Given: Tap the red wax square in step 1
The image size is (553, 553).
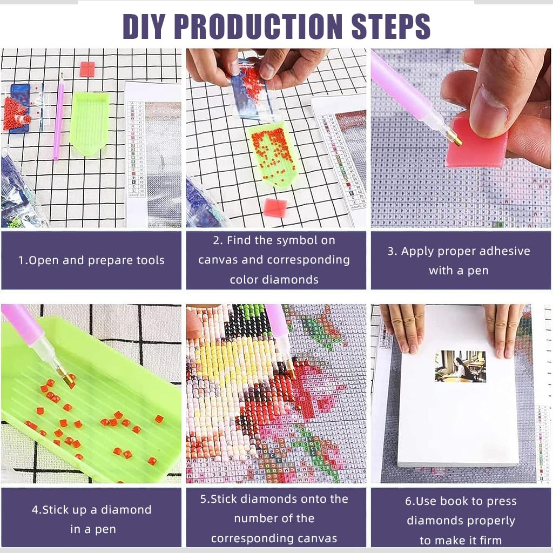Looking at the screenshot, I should pyautogui.click(x=87, y=69).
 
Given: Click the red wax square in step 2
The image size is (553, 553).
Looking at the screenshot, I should pyautogui.click(x=275, y=207).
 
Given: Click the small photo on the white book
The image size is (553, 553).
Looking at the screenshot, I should pyautogui.click(x=460, y=366).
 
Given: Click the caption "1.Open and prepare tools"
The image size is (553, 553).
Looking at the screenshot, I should pyautogui.click(x=91, y=260).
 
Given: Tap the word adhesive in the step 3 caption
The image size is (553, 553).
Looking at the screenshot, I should pyautogui.click(x=497, y=251).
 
